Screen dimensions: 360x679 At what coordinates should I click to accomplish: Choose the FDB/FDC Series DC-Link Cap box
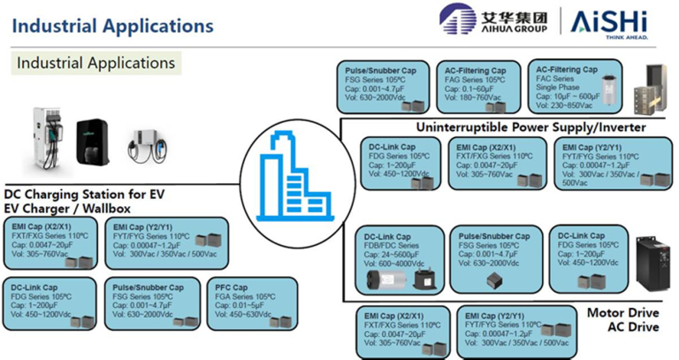401,261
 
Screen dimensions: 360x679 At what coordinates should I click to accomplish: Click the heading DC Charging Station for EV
85,194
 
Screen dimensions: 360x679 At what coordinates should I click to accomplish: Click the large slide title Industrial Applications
111,26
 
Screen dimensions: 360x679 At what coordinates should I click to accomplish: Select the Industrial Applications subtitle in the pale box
95,64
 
